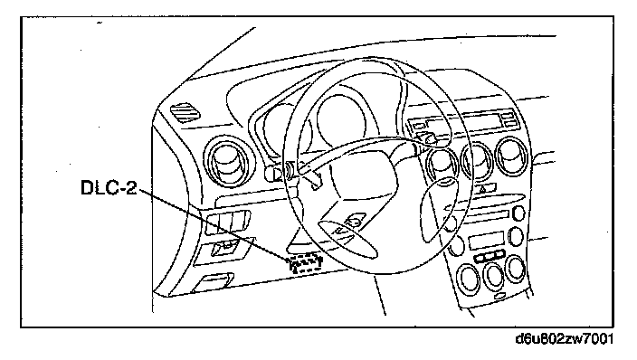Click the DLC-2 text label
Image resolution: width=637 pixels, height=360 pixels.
(x=109, y=188)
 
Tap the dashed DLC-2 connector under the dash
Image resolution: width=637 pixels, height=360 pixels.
(x=306, y=262)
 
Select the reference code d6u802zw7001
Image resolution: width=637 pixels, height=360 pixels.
(x=564, y=338)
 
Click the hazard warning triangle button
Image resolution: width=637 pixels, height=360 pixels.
(x=486, y=188)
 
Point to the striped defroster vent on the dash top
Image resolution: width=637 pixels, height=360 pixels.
(x=185, y=111)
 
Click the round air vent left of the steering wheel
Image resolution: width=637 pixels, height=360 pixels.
(x=228, y=161)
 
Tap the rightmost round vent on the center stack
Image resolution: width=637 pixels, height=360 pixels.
(x=511, y=156)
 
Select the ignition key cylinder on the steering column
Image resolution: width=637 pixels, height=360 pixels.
(x=274, y=173)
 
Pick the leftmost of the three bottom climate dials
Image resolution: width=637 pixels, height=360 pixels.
(x=469, y=279)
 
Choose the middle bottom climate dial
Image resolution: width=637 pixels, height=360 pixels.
(x=493, y=276)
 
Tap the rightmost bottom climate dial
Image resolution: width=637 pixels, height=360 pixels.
(x=515, y=269)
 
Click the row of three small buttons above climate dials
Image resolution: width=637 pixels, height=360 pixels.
(x=489, y=256)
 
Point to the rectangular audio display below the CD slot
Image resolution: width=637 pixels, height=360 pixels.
(x=486, y=240)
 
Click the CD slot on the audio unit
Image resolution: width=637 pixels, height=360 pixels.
(x=488, y=215)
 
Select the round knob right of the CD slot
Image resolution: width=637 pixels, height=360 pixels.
(x=518, y=213)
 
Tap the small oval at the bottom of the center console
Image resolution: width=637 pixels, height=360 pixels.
(x=502, y=297)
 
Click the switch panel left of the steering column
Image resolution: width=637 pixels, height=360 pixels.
(x=227, y=223)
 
